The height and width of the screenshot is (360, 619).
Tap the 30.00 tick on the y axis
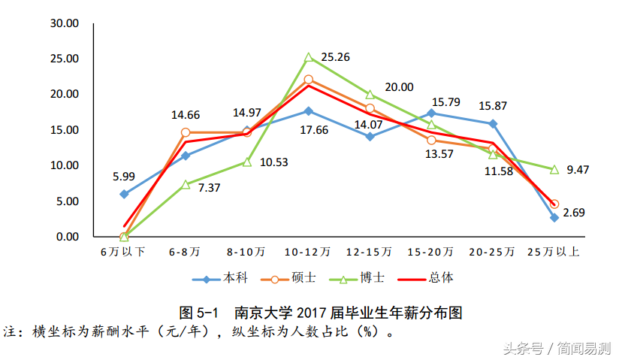(x=65, y=23)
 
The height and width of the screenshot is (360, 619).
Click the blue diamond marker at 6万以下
(x=124, y=194)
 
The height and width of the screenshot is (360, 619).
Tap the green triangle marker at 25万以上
(x=554, y=169)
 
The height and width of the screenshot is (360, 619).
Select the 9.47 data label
(x=578, y=170)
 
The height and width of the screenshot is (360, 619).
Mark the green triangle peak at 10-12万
(x=309, y=57)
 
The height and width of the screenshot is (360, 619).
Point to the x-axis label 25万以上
(x=554, y=251)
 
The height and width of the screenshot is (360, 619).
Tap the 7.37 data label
(x=209, y=188)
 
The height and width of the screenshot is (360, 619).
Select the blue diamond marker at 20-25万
(x=493, y=123)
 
